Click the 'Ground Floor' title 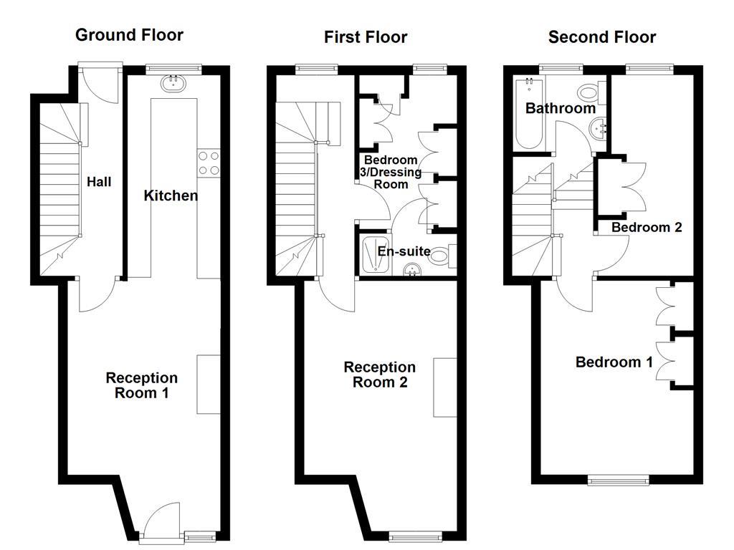pos(129,34)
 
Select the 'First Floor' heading pos(366,37)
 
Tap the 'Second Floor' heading pos(602,37)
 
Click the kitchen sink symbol pos(173,83)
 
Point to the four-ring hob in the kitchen pos(208,163)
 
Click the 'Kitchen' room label pos(171,196)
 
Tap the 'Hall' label pos(99,182)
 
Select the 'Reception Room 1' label pos(142,385)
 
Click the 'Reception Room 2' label pos(379,375)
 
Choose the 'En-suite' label pos(404,251)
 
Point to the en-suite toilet pos(440,256)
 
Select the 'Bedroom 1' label pos(614,362)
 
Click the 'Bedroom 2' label pos(646,227)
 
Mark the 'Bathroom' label pos(561,108)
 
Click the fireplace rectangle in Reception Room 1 pos(209,384)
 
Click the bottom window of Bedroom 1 pos(619,480)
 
